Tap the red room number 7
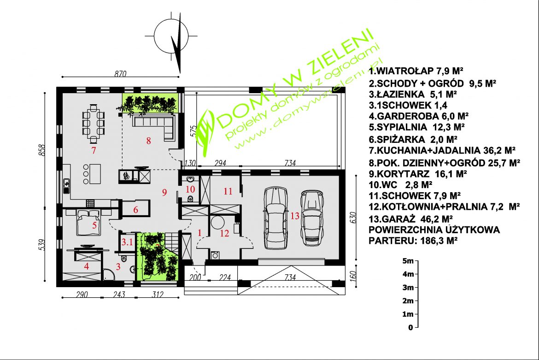[93, 150]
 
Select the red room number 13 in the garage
[295, 216]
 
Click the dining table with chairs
[93, 124]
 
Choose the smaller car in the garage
[312, 218]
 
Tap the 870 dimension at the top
[120, 73]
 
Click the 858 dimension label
[42, 150]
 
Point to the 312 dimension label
[158, 295]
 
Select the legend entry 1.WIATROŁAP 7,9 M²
[416, 71]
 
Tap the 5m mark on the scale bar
[408, 260]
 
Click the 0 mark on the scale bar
[410, 328]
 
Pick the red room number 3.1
[127, 242]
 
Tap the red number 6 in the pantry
[135, 209]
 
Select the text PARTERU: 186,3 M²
[413, 240]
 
